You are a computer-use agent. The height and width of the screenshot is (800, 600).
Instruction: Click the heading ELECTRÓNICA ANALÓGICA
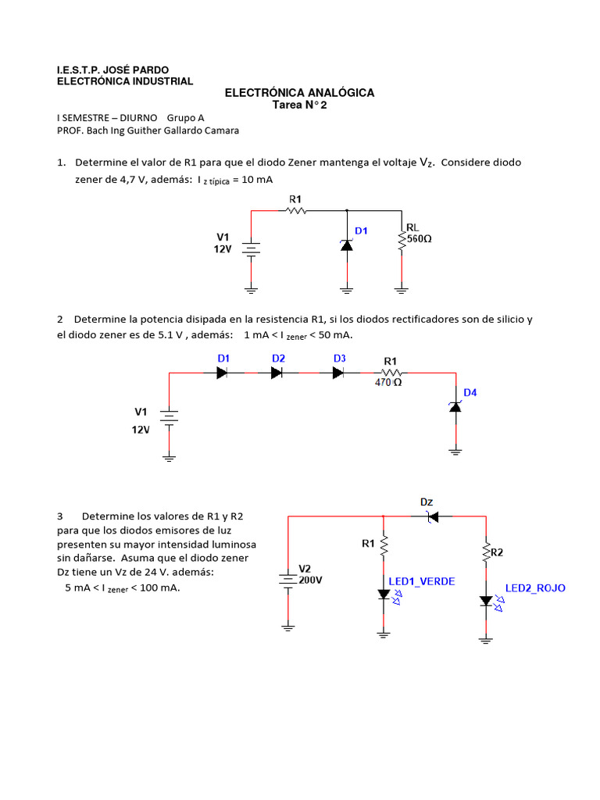coord(299,92)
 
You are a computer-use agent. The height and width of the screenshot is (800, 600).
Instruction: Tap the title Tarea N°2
coord(299,105)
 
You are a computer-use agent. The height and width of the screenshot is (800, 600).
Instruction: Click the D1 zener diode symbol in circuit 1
coord(347,245)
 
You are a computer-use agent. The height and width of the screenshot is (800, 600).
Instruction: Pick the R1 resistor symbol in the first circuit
coord(296,210)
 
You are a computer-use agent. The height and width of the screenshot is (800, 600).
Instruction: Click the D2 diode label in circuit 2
coord(278,358)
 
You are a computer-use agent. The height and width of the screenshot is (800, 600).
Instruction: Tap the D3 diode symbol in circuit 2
coord(338,373)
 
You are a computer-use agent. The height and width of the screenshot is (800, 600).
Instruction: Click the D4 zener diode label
coord(470,392)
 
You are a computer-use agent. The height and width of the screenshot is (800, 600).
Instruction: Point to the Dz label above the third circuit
coord(427,502)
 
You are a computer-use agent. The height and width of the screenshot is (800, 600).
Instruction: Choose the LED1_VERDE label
coord(422,582)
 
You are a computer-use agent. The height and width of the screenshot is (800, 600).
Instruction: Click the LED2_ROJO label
coord(535,587)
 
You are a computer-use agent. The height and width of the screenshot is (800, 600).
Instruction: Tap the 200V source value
coord(310,580)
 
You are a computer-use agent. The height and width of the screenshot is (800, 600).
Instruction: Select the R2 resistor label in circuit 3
coord(497,552)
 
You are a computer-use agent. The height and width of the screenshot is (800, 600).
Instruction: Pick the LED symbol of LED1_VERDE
coord(384,595)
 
